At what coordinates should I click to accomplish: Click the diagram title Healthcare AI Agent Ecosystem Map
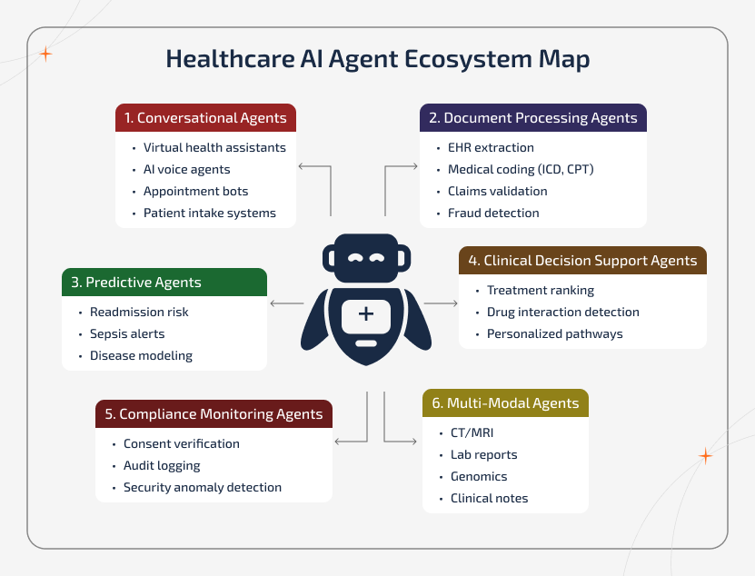click(x=377, y=60)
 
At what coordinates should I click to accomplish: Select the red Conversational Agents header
click(x=206, y=118)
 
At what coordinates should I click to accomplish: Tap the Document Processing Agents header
click(x=533, y=118)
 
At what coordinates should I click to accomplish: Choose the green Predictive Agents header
click(x=164, y=283)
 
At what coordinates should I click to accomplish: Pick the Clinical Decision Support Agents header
click(x=582, y=261)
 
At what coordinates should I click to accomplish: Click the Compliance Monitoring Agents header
click(x=214, y=414)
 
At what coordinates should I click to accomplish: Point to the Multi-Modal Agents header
click(x=505, y=403)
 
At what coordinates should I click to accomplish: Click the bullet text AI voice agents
click(x=186, y=169)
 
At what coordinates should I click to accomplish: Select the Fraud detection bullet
click(x=493, y=213)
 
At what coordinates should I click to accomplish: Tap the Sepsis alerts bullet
click(x=127, y=333)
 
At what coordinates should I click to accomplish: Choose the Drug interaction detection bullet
click(x=562, y=312)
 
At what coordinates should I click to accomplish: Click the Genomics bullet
click(x=479, y=476)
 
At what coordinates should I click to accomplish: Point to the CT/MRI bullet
click(x=472, y=432)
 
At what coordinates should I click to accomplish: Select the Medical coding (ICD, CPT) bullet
click(x=520, y=169)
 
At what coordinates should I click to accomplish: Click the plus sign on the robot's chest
click(x=365, y=314)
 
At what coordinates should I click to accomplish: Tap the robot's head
click(x=365, y=257)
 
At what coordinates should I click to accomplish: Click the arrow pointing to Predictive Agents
click(x=287, y=303)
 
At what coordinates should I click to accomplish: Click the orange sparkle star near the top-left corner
click(x=45, y=54)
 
